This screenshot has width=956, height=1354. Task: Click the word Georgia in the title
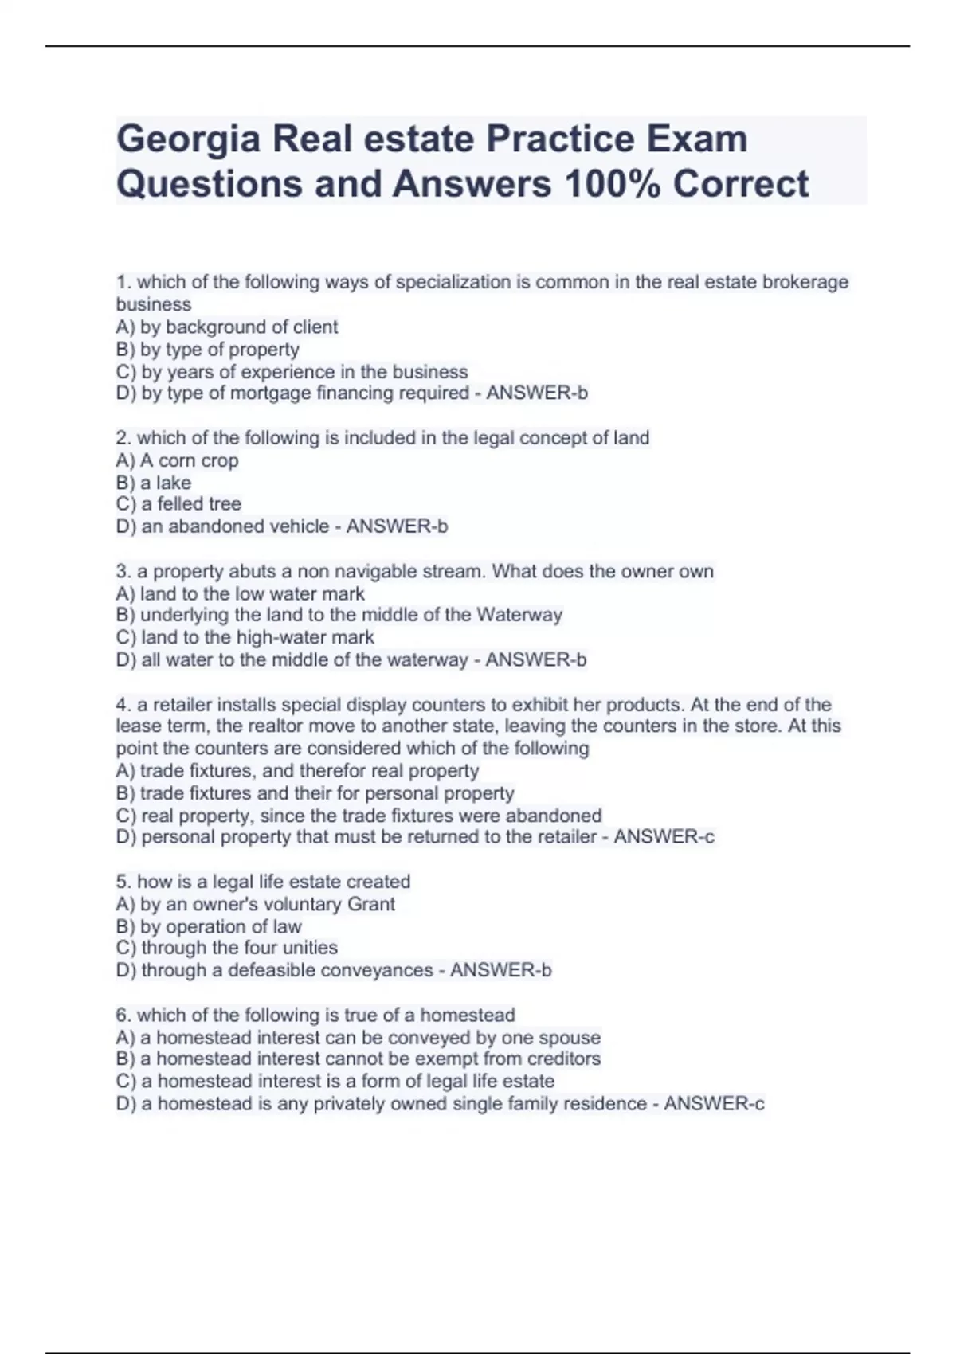(188, 139)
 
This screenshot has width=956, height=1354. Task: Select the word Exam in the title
(697, 139)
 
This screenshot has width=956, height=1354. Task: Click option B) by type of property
(207, 350)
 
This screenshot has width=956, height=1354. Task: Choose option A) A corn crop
(177, 460)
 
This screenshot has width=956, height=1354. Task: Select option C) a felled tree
(178, 504)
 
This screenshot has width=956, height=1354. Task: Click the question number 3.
(123, 572)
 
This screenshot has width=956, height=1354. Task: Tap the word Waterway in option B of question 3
(519, 615)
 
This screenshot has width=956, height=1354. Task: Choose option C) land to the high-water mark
(245, 637)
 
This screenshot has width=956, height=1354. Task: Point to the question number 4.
(123, 705)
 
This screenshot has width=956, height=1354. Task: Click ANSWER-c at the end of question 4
(664, 837)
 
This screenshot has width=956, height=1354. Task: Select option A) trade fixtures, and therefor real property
(297, 771)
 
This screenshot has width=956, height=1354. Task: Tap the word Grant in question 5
(371, 905)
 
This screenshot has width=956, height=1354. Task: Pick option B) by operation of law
(209, 927)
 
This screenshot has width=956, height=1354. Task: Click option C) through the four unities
(226, 948)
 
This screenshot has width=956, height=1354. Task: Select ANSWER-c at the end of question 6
(714, 1104)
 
